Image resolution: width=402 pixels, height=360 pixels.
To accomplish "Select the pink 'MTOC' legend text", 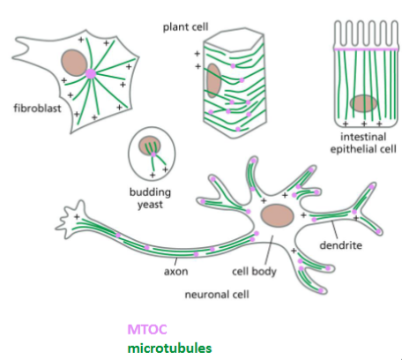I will tap(146, 329).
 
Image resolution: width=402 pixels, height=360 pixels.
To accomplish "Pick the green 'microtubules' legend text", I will tap(168, 347).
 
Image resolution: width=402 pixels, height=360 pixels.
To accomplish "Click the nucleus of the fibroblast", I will tap(74, 63).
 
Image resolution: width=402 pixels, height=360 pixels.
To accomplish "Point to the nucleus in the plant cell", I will tap(212, 81).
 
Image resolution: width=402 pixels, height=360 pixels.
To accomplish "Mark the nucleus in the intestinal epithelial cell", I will tap(363, 104).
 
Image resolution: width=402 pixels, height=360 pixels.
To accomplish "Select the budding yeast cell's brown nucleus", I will tap(149, 143).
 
